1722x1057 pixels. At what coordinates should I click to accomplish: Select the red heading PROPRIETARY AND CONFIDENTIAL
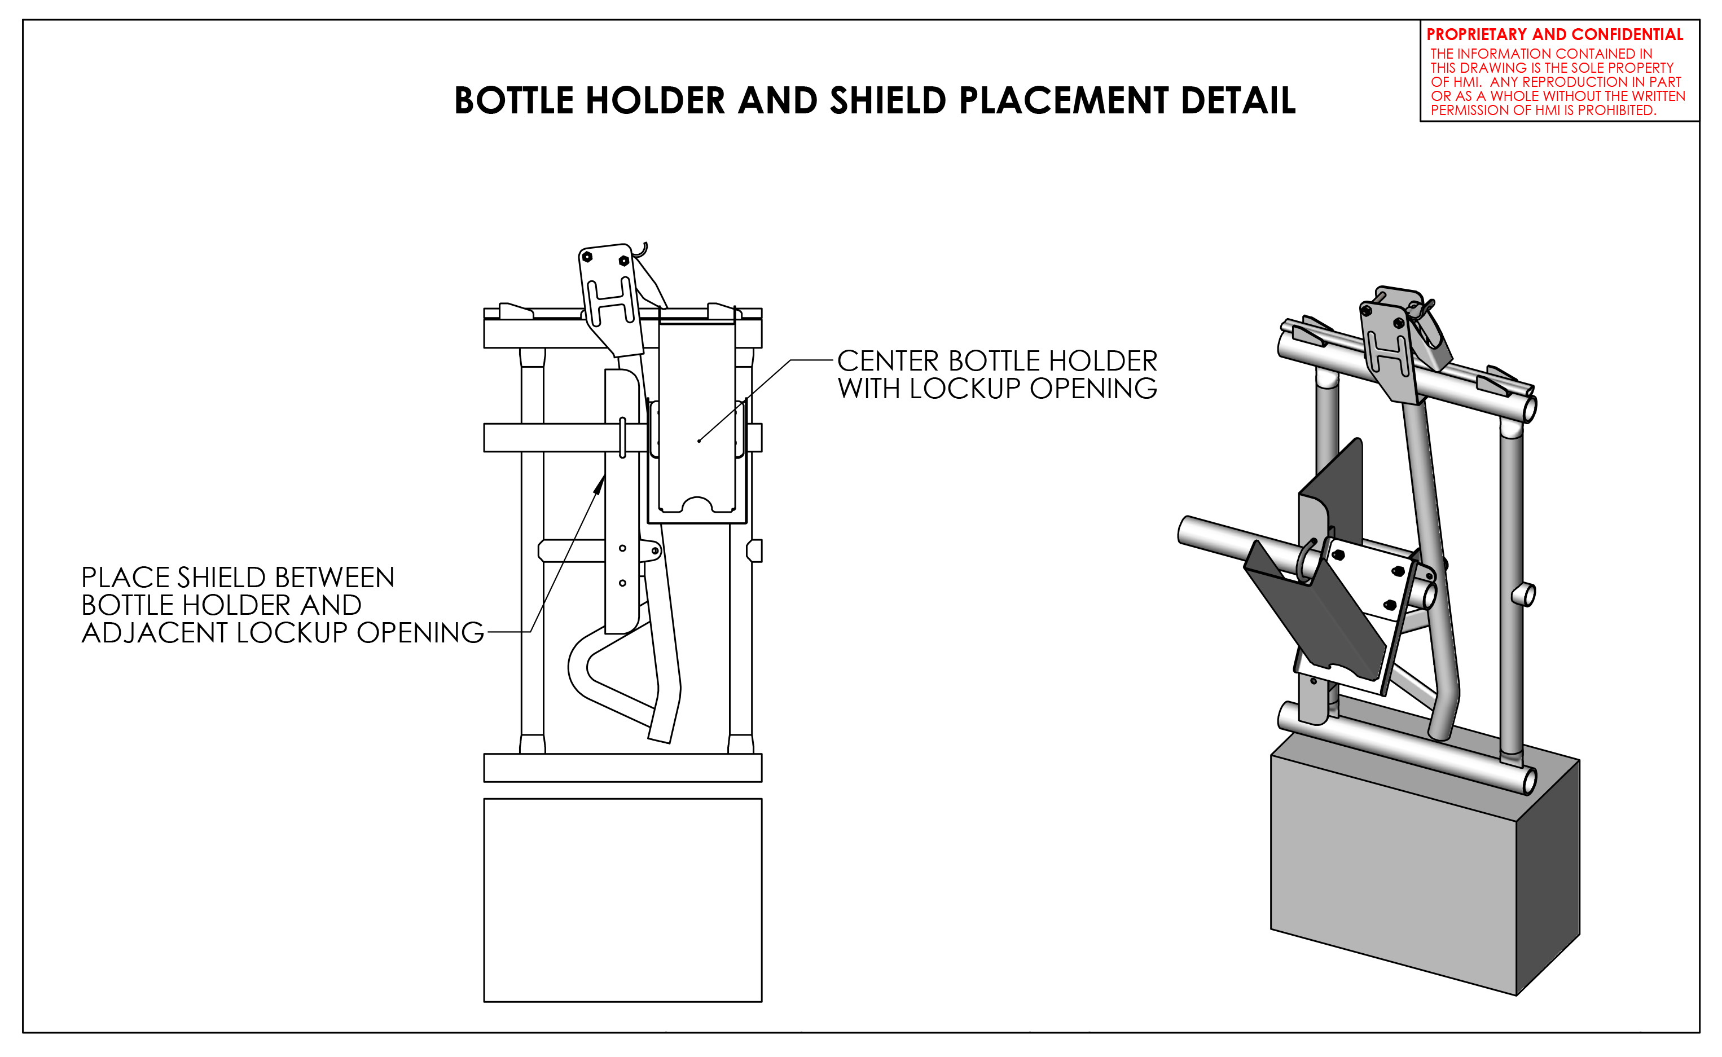click(x=1554, y=35)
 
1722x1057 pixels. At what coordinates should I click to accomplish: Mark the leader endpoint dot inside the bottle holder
click(x=699, y=441)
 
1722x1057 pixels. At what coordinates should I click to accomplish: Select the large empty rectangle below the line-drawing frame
click(x=622, y=900)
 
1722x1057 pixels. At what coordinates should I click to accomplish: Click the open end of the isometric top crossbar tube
click(x=1530, y=409)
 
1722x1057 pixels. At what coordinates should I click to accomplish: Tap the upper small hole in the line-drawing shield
click(x=622, y=548)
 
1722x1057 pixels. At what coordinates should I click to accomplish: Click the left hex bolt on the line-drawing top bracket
click(x=587, y=257)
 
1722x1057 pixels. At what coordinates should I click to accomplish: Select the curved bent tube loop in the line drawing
click(x=580, y=668)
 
